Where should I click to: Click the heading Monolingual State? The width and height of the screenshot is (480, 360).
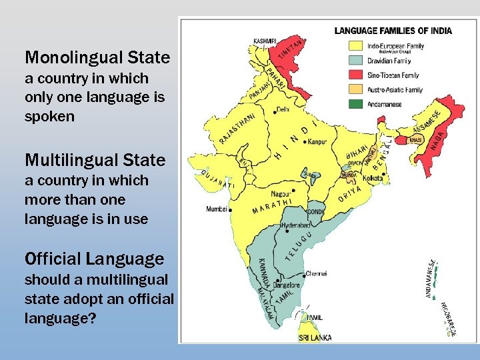coord(97,57)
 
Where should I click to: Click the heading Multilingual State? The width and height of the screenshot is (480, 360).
coord(95,160)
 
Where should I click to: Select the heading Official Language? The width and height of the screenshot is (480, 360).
coord(94,259)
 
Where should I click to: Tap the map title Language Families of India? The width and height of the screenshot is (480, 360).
coord(393,31)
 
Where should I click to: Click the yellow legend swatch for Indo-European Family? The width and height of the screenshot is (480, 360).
coord(356,46)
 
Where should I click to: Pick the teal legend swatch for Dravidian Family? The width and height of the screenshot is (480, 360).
coord(356,61)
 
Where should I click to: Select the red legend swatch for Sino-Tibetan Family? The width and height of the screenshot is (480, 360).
coord(356,75)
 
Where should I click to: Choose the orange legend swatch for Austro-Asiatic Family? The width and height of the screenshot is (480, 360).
coord(356,89)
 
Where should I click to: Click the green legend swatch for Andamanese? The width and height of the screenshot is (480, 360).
coord(356,104)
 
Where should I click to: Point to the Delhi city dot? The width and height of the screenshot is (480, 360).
coord(275,109)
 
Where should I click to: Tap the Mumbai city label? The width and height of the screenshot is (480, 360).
coord(217,209)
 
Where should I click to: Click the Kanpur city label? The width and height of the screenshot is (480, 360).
coord(317,142)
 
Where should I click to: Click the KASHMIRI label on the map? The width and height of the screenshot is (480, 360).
coord(265,41)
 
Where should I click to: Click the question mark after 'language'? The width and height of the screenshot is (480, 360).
coord(91,319)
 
